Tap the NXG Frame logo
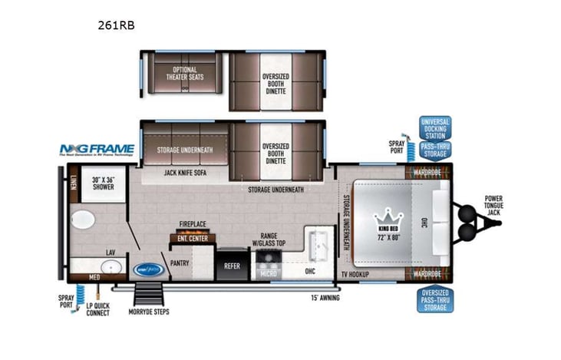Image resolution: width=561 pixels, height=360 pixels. [97, 150]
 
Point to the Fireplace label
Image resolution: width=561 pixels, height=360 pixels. [192, 225]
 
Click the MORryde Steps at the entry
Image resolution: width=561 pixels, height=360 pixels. [150, 297]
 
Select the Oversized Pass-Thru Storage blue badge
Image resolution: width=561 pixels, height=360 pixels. [435, 300]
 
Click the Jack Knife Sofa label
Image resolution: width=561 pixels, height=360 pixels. [184, 173]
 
